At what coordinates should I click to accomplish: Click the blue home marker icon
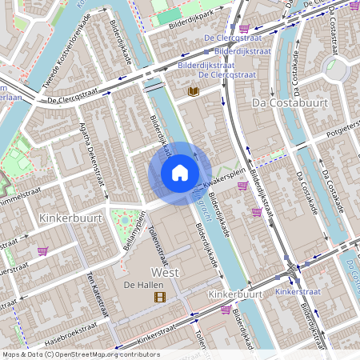tap(180, 173)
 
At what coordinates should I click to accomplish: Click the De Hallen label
tap(140, 285)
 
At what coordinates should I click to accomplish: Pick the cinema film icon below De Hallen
tap(160, 298)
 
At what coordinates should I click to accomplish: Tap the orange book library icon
tap(193, 92)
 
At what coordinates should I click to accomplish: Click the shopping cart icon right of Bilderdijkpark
tap(243, 28)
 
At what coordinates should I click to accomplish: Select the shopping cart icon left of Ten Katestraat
tap(42, 250)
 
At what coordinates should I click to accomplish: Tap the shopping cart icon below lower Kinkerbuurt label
tap(226, 310)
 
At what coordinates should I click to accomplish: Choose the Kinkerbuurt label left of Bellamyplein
tap(68, 218)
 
